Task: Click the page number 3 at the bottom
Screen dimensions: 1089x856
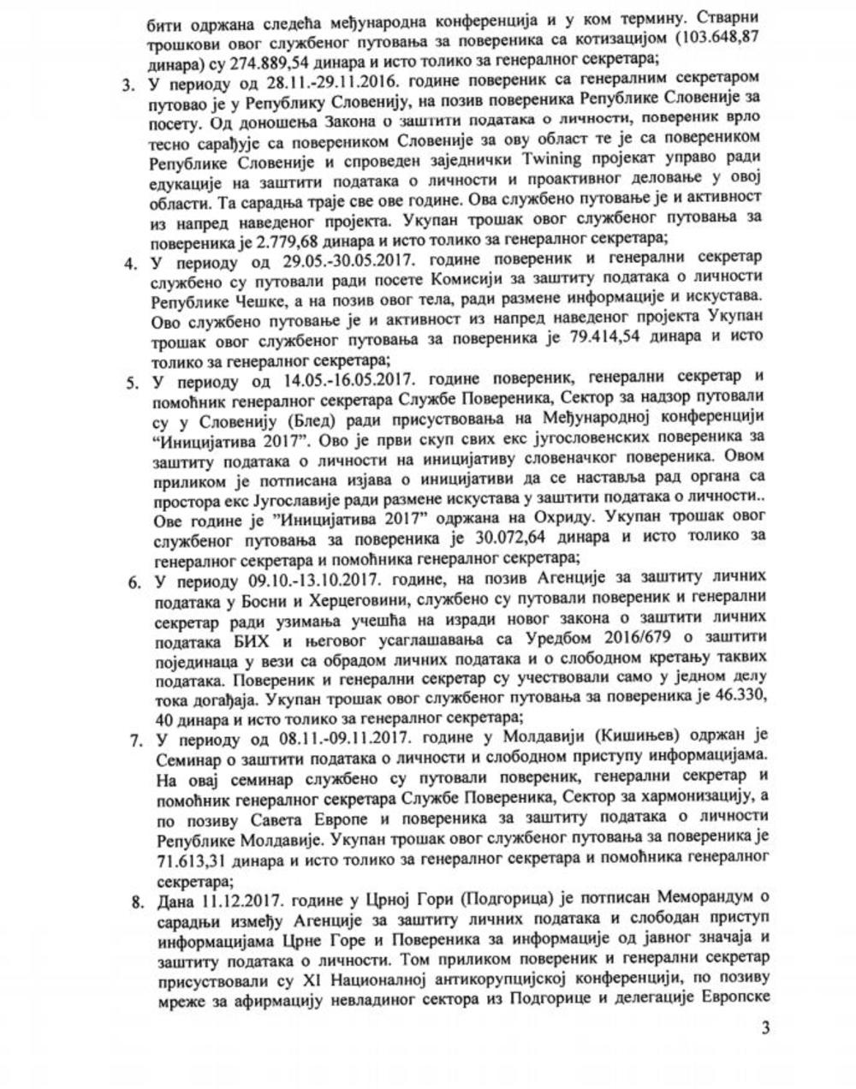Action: point(765,1027)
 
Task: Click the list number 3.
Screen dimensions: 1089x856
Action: point(129,85)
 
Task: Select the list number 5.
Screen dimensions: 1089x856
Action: point(130,382)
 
